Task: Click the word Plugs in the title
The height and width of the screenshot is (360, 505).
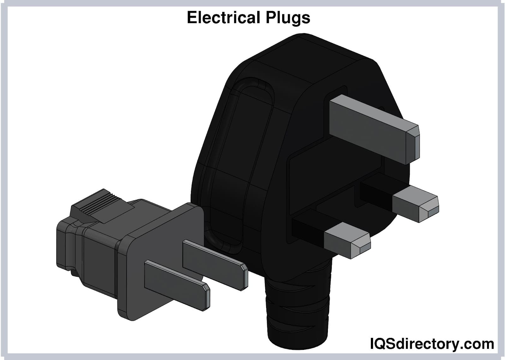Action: [x=288, y=18]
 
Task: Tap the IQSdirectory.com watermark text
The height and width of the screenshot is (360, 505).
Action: [x=431, y=343]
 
